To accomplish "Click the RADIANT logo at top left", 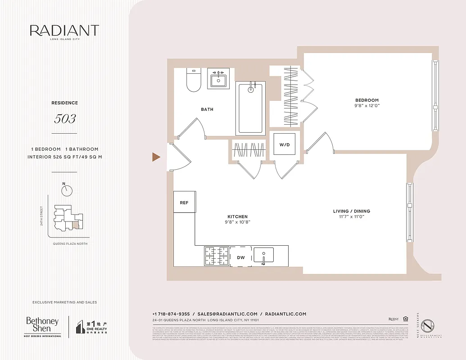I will click(64, 31).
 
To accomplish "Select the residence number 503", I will click(64, 119).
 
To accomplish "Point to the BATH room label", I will click(207, 109).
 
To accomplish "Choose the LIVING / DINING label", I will click(351, 211).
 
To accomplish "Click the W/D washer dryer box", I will click(285, 145).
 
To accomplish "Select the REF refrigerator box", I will click(184, 202).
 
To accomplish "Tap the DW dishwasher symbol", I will click(241, 257).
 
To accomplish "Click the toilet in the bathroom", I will click(193, 80).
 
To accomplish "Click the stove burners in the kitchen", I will click(217, 256).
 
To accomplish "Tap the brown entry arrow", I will click(156, 157).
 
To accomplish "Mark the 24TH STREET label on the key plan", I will click(42, 216).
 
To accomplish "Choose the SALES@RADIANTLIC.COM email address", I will click(227, 314).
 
